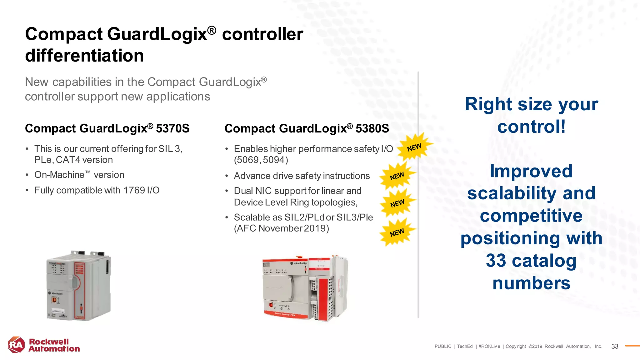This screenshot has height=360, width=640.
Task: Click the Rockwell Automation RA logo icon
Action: click(x=16, y=345)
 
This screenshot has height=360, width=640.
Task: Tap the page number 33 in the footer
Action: click(x=615, y=346)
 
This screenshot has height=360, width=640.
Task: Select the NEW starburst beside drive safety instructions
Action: click(x=397, y=176)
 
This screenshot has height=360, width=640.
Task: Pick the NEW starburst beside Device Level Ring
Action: click(x=397, y=203)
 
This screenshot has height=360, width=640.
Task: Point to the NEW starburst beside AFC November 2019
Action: click(x=397, y=232)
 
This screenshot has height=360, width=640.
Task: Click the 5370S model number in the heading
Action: click(x=172, y=128)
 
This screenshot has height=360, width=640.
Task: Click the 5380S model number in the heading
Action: click(x=372, y=128)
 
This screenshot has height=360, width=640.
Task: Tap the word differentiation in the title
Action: click(x=84, y=56)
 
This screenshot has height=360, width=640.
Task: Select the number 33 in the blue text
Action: click(x=496, y=261)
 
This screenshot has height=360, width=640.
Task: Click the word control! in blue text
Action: click(x=531, y=127)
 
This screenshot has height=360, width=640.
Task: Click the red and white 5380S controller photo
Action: click(x=305, y=288)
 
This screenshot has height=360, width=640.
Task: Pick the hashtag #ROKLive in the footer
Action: click(x=489, y=346)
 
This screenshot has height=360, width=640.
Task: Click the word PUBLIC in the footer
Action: click(x=443, y=346)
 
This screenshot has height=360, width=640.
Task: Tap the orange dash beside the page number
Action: click(x=632, y=346)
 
